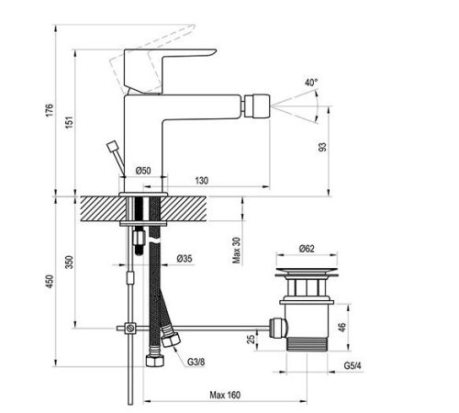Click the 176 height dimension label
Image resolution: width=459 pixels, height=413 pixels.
pos(50,110)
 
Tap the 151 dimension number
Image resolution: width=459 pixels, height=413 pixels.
pos(70,122)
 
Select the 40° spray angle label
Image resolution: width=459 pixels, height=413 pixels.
pos(311,83)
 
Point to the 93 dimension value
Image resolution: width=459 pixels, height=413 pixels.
pos(322,147)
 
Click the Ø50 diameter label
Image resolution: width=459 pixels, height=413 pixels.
pos(143,171)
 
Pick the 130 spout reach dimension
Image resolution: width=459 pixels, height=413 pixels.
pos(202,181)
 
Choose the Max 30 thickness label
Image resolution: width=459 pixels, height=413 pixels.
pos(236,251)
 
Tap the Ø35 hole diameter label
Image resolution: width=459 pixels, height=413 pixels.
pos(185,259)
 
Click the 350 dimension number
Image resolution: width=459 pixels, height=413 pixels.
pos(70,262)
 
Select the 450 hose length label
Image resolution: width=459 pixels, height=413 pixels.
pos(50,282)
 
